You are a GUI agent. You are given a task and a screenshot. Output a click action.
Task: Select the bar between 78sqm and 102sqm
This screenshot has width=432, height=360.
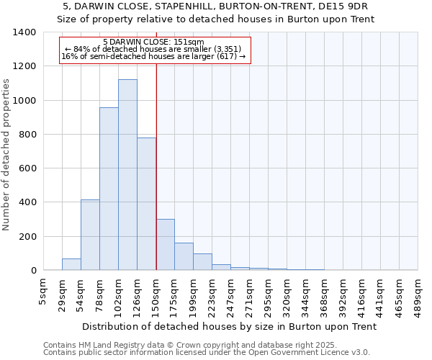pyautogui.click(x=109, y=189)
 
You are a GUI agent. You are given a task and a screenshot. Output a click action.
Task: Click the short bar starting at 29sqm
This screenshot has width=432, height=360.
pyautogui.click(x=71, y=264)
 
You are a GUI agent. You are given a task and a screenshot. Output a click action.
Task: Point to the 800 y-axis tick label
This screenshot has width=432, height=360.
pyautogui.click(x=27, y=135)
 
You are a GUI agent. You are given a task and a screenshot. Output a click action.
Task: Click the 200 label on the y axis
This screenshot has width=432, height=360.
pyautogui.click(x=27, y=237)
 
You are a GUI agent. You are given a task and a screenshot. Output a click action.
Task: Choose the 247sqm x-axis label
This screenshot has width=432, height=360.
pyautogui.click(x=230, y=294)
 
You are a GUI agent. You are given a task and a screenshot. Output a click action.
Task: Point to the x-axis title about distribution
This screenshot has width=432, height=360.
pyautogui.click(x=230, y=326)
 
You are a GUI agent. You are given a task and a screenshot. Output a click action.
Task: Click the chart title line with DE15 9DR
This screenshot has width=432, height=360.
pyautogui.click(x=215, y=6)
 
